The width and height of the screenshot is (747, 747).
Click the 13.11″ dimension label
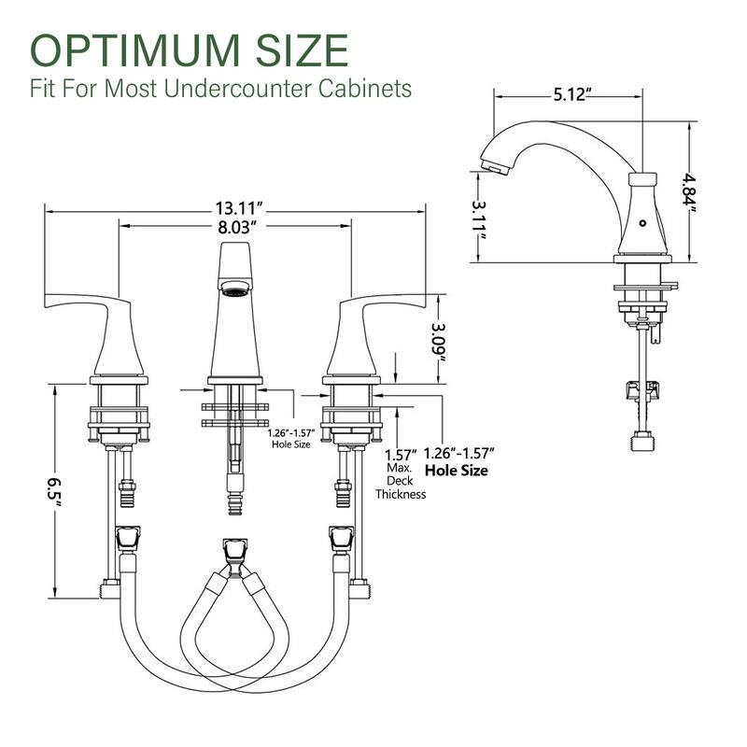(x=239, y=208)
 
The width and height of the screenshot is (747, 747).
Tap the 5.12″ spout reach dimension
(x=569, y=94)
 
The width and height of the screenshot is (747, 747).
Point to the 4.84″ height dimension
(x=689, y=193)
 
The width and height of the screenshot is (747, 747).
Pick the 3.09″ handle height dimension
(x=438, y=342)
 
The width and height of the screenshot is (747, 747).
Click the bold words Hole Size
(x=457, y=471)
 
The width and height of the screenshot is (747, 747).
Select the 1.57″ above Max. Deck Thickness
(x=400, y=455)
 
